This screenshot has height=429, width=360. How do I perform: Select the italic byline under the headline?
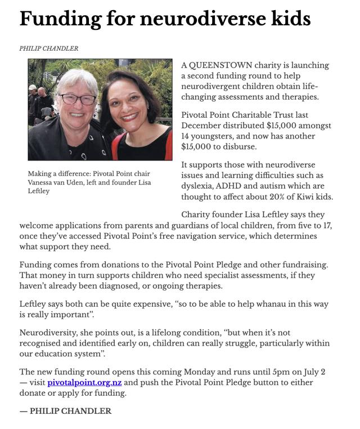click(49, 49)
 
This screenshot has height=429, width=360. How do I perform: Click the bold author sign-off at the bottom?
click(65, 411)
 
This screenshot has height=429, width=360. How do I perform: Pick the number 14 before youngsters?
click(186, 136)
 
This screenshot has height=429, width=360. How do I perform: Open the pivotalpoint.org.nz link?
click(84, 382)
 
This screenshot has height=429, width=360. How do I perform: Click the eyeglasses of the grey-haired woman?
click(77, 99)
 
